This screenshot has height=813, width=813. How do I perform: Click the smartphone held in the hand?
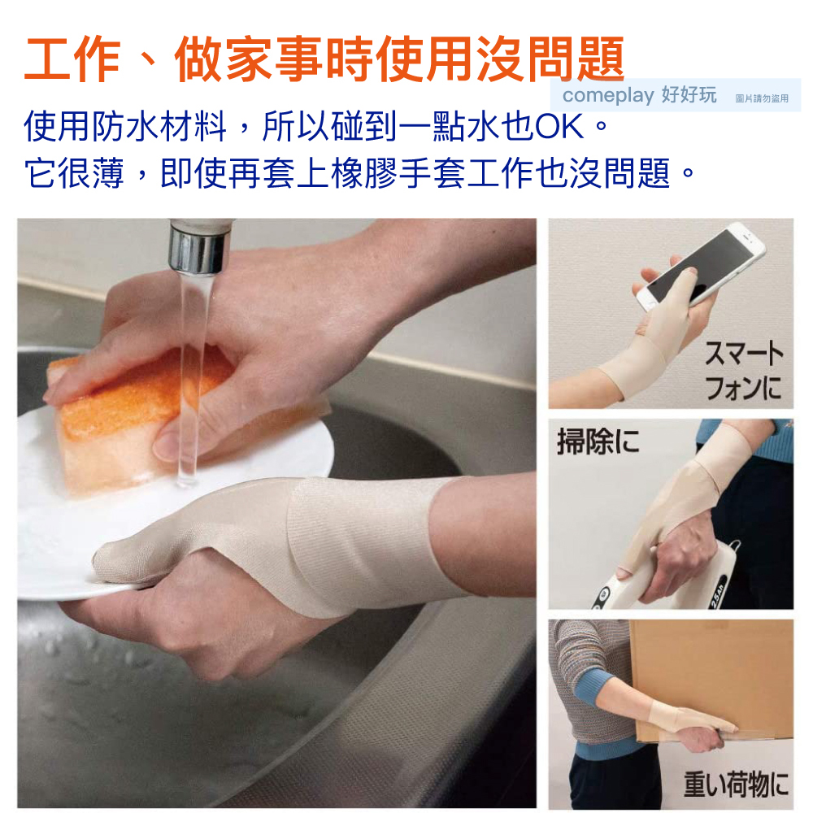click(701, 267)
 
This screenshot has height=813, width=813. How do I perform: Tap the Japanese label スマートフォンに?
click(744, 370)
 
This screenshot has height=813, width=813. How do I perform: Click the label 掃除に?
click(598, 441)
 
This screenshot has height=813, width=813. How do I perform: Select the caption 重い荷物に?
click(736, 784)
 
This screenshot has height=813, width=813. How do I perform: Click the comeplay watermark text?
click(608, 95)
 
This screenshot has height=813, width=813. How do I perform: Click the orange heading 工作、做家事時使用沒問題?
click(324, 59)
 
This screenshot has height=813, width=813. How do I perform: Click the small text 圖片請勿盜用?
click(762, 98)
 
